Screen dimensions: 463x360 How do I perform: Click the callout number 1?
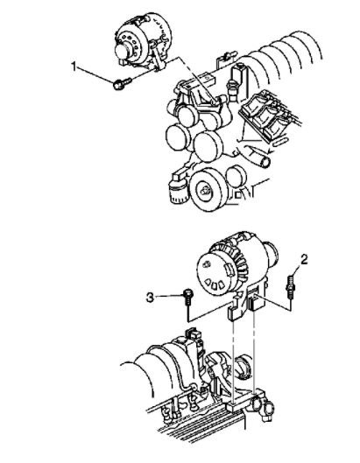(x=75, y=65)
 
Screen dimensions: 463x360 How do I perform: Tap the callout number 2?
(x=304, y=259)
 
